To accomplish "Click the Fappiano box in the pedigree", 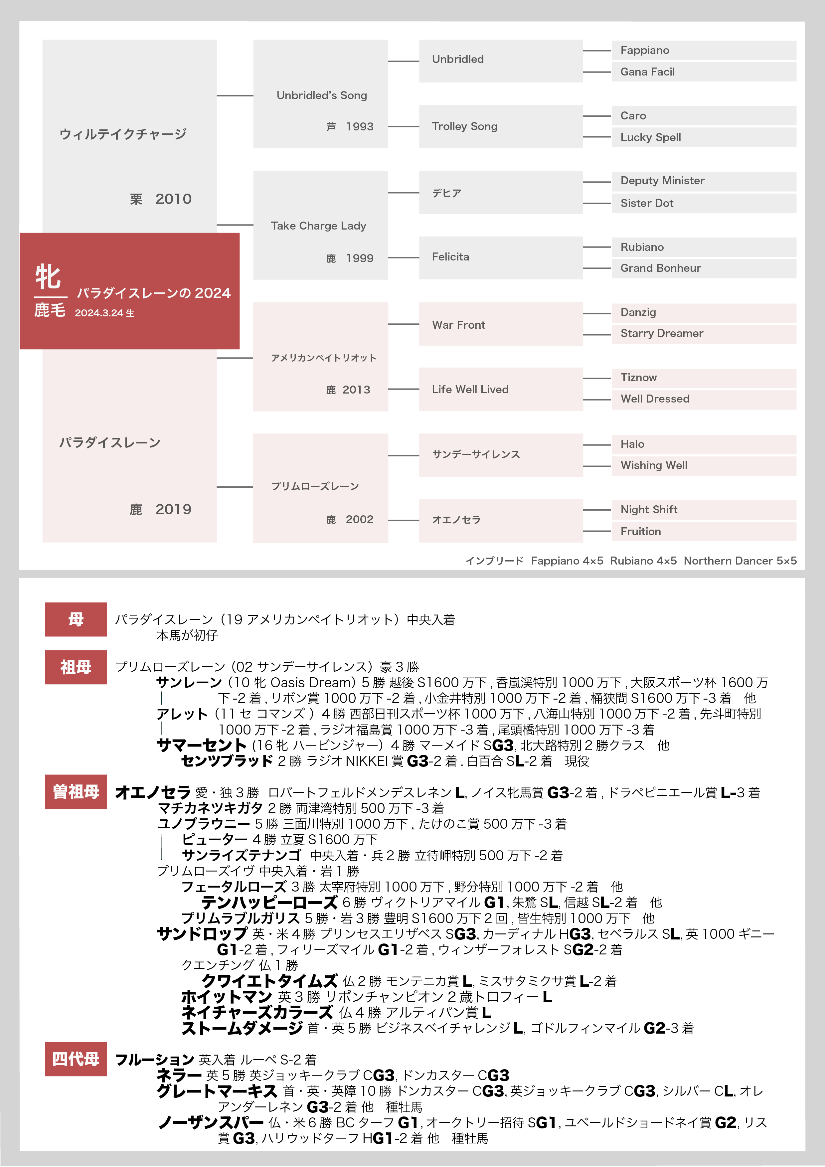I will click(x=704, y=50).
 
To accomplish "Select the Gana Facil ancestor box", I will click(x=704, y=72).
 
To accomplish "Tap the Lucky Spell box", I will click(x=704, y=137).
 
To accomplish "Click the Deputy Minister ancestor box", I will click(x=704, y=181).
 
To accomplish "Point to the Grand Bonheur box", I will click(x=704, y=268).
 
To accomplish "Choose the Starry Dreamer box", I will click(x=704, y=333).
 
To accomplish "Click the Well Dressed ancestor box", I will click(x=704, y=399).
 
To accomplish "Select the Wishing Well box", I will click(x=704, y=466).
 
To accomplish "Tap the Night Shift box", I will click(x=704, y=510).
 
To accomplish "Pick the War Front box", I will click(x=500, y=325).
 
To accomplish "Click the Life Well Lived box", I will click(x=500, y=389).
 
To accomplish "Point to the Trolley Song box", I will click(x=500, y=126).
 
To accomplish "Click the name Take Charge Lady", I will click(x=318, y=226).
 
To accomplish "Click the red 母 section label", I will click(x=76, y=619).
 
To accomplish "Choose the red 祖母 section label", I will click(x=76, y=667).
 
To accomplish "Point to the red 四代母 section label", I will click(x=76, y=1059).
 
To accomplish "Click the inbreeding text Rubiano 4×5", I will click(x=643, y=561).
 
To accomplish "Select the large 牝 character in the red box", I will click(x=48, y=277).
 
